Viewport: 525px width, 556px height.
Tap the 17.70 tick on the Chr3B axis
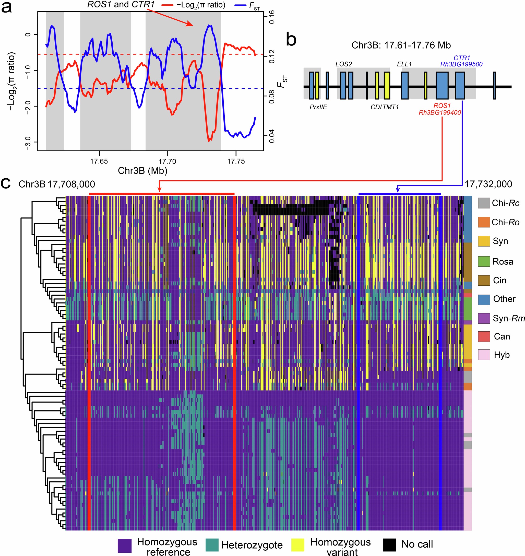167,161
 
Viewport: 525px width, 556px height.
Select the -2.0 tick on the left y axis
28,106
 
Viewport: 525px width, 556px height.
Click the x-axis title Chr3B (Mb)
142,170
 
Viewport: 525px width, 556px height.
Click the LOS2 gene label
343,64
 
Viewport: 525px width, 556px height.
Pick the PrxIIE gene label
318,107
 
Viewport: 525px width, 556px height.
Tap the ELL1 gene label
404,64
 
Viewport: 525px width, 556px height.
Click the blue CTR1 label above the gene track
461,58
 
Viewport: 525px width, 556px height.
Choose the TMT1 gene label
391,107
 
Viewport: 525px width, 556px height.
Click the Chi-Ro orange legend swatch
484,222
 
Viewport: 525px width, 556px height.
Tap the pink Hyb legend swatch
484,355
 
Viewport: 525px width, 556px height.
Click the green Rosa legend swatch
484,261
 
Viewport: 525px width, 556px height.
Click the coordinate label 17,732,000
488,184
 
